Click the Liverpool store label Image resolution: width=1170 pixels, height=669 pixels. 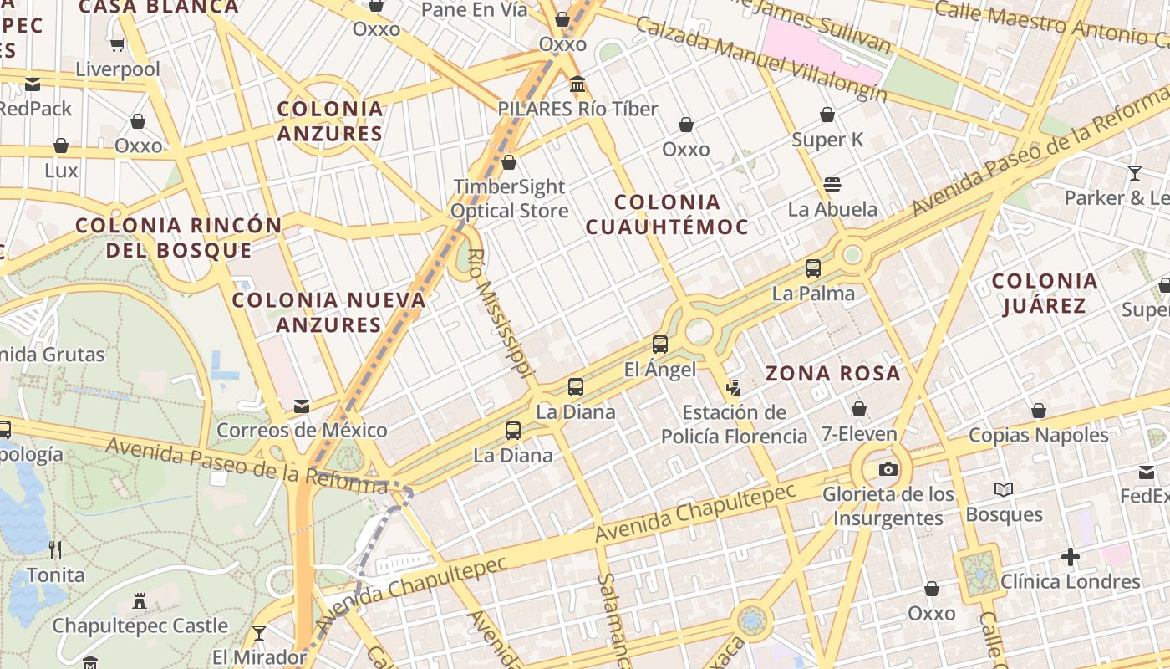[117, 69]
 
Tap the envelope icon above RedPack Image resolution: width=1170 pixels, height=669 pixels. [33, 84]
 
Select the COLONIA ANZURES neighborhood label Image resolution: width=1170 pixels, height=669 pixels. [330, 121]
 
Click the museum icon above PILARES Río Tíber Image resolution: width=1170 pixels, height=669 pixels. [577, 84]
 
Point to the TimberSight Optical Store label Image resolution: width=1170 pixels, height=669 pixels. [509, 199]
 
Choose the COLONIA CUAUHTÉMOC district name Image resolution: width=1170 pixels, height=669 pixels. [667, 214]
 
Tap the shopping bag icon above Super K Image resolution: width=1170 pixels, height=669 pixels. [827, 115]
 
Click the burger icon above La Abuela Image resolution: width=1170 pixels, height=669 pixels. [832, 184]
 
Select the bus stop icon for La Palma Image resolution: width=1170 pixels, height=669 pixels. [813, 268]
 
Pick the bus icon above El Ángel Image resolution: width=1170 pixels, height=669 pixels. [660, 345]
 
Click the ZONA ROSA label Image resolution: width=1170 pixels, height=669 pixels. [833, 374]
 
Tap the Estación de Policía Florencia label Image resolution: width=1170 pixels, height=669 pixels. [734, 424]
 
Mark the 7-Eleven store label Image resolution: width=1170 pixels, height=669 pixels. [858, 434]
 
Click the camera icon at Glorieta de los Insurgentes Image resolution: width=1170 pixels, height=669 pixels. [888, 469]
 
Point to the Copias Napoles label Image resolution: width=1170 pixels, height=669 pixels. [1038, 435]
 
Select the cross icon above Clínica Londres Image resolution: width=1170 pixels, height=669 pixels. [1071, 557]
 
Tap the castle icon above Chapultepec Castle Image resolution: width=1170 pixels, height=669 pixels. [140, 601]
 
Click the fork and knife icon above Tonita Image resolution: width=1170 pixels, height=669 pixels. [55, 550]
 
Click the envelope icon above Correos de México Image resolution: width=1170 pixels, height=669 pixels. [302, 406]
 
